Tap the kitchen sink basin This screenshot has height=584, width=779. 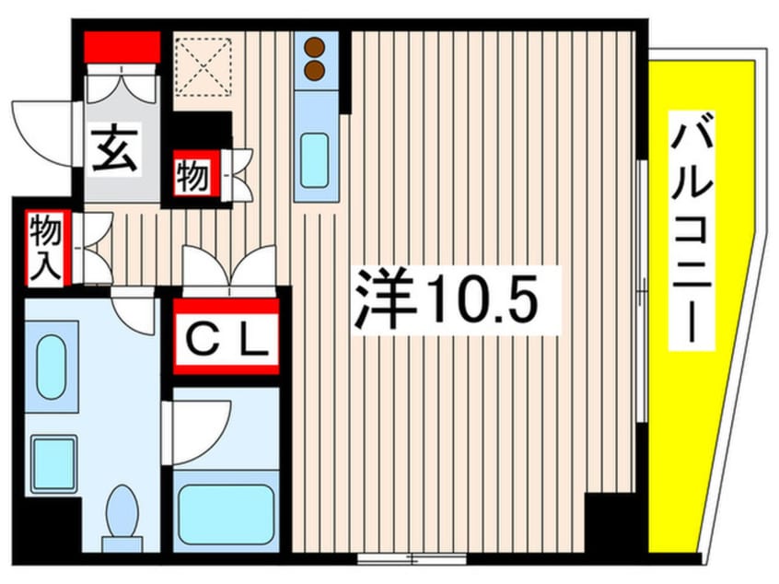pos(316,158)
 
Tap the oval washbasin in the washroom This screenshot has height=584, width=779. pos(51,366)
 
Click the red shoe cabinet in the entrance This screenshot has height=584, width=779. pos(123,45)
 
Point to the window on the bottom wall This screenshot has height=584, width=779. pos(412,557)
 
